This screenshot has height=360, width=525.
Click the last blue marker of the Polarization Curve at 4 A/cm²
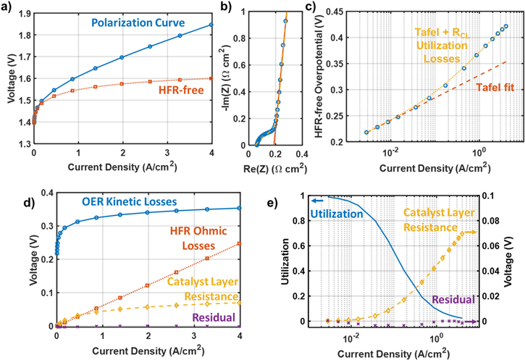[211, 25]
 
